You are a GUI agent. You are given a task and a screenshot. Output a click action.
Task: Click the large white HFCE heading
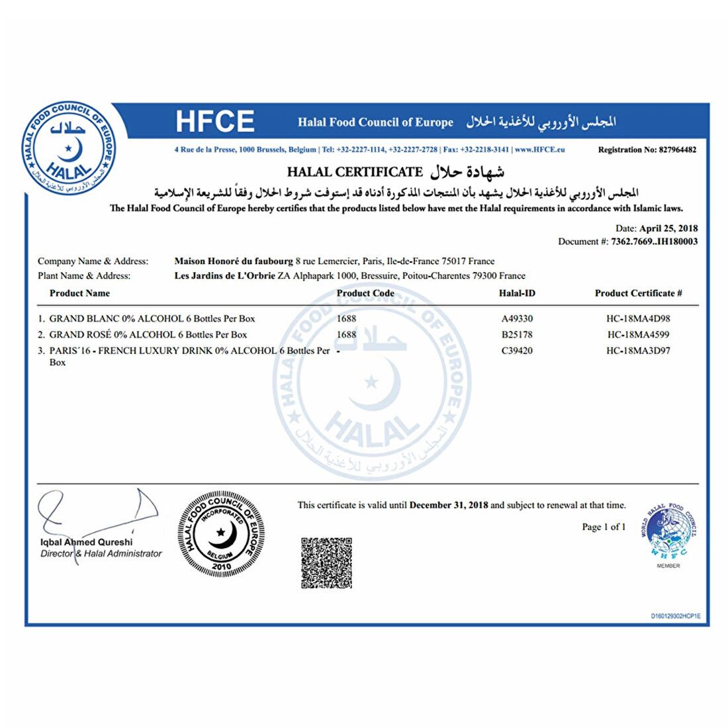214,122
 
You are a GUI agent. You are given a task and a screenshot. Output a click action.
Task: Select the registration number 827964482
678,150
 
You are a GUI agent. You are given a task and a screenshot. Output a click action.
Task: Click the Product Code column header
365,293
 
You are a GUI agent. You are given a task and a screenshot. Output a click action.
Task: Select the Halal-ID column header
517,293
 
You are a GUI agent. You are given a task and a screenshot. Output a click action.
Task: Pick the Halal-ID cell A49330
517,318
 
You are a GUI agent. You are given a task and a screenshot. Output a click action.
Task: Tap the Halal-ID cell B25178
517,334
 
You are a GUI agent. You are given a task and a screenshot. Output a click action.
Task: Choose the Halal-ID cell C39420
517,351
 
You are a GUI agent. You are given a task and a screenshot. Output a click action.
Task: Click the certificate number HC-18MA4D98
638,318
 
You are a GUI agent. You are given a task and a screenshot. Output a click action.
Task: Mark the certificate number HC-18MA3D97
638,351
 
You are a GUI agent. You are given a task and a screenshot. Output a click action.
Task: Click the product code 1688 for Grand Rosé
346,334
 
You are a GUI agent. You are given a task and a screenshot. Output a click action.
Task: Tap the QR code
327,563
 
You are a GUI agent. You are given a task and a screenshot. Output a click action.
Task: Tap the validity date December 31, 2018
449,505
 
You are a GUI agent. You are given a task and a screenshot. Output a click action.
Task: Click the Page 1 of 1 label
604,527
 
